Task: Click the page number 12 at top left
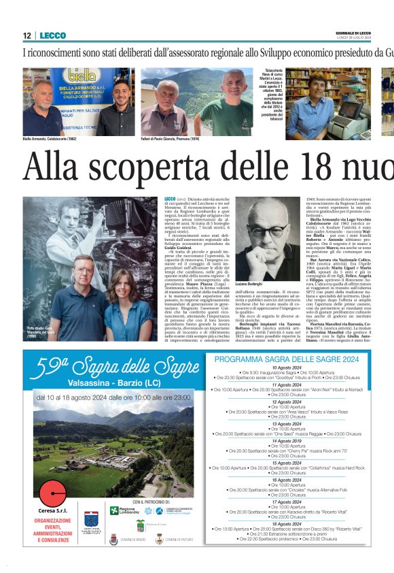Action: (27, 35)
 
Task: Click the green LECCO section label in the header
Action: (52, 35)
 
